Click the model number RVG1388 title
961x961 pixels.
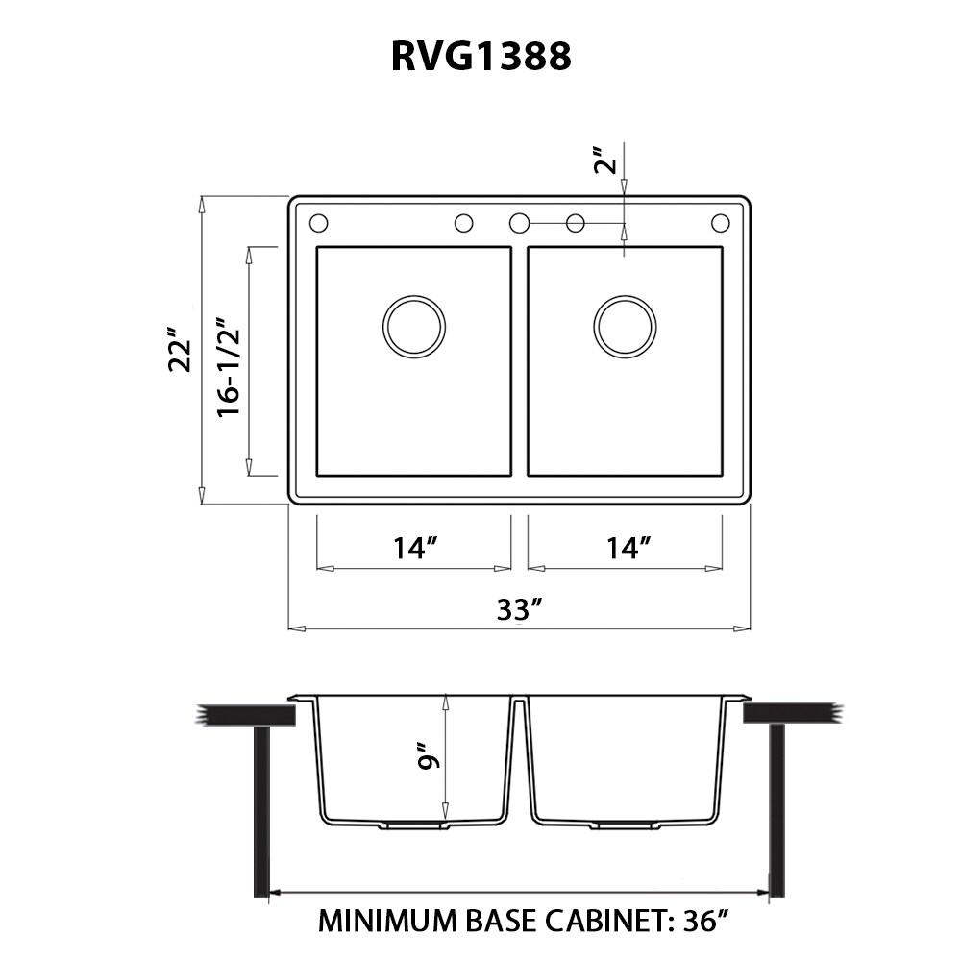480,57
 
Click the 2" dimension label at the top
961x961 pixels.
604,160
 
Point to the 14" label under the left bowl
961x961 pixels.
415,549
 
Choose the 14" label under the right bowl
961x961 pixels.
628,549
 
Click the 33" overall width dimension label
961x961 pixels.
520,609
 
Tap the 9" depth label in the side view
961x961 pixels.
428,758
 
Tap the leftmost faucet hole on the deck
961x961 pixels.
319,223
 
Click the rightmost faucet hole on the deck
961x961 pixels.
721,223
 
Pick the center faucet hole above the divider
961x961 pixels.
519,223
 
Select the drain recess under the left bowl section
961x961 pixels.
413,825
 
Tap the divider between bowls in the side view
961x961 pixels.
519,759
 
